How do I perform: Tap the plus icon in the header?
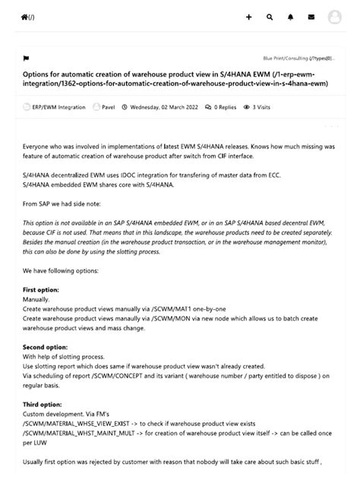click(249, 17)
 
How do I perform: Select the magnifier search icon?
click(270, 17)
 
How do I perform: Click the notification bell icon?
click(290, 17)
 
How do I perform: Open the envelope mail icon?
click(311, 17)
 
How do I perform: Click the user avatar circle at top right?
click(335, 17)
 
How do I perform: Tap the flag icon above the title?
click(26, 58)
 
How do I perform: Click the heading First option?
click(41, 289)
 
